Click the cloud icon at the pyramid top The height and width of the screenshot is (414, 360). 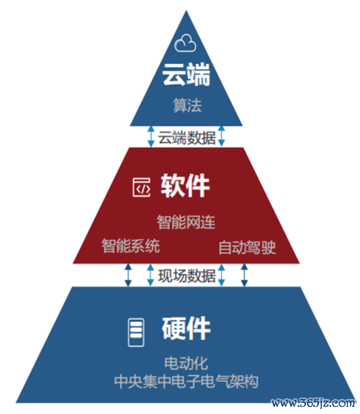[185, 43]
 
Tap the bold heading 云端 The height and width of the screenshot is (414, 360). [186, 74]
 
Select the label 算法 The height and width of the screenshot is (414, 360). [187, 105]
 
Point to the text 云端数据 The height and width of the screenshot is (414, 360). [186, 138]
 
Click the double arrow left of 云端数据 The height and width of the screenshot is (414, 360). [150, 136]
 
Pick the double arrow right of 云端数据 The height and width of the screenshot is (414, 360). [222, 136]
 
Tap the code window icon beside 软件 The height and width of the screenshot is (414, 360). [142, 187]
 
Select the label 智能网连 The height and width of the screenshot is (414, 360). [186, 222]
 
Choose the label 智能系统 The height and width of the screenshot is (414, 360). [131, 246]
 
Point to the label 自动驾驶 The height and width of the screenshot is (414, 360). [247, 248]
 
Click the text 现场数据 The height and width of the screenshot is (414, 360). [186, 276]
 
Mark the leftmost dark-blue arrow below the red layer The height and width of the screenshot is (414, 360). [128, 275]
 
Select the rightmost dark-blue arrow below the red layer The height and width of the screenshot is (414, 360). [244, 275]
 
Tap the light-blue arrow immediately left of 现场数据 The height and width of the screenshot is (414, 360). [150, 275]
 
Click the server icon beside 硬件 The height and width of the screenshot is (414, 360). [136, 333]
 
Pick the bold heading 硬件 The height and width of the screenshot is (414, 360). [186, 328]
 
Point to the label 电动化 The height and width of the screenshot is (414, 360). [186, 364]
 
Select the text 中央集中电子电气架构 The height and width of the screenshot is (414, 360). [186, 382]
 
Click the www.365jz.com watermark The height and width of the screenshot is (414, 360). [313, 403]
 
